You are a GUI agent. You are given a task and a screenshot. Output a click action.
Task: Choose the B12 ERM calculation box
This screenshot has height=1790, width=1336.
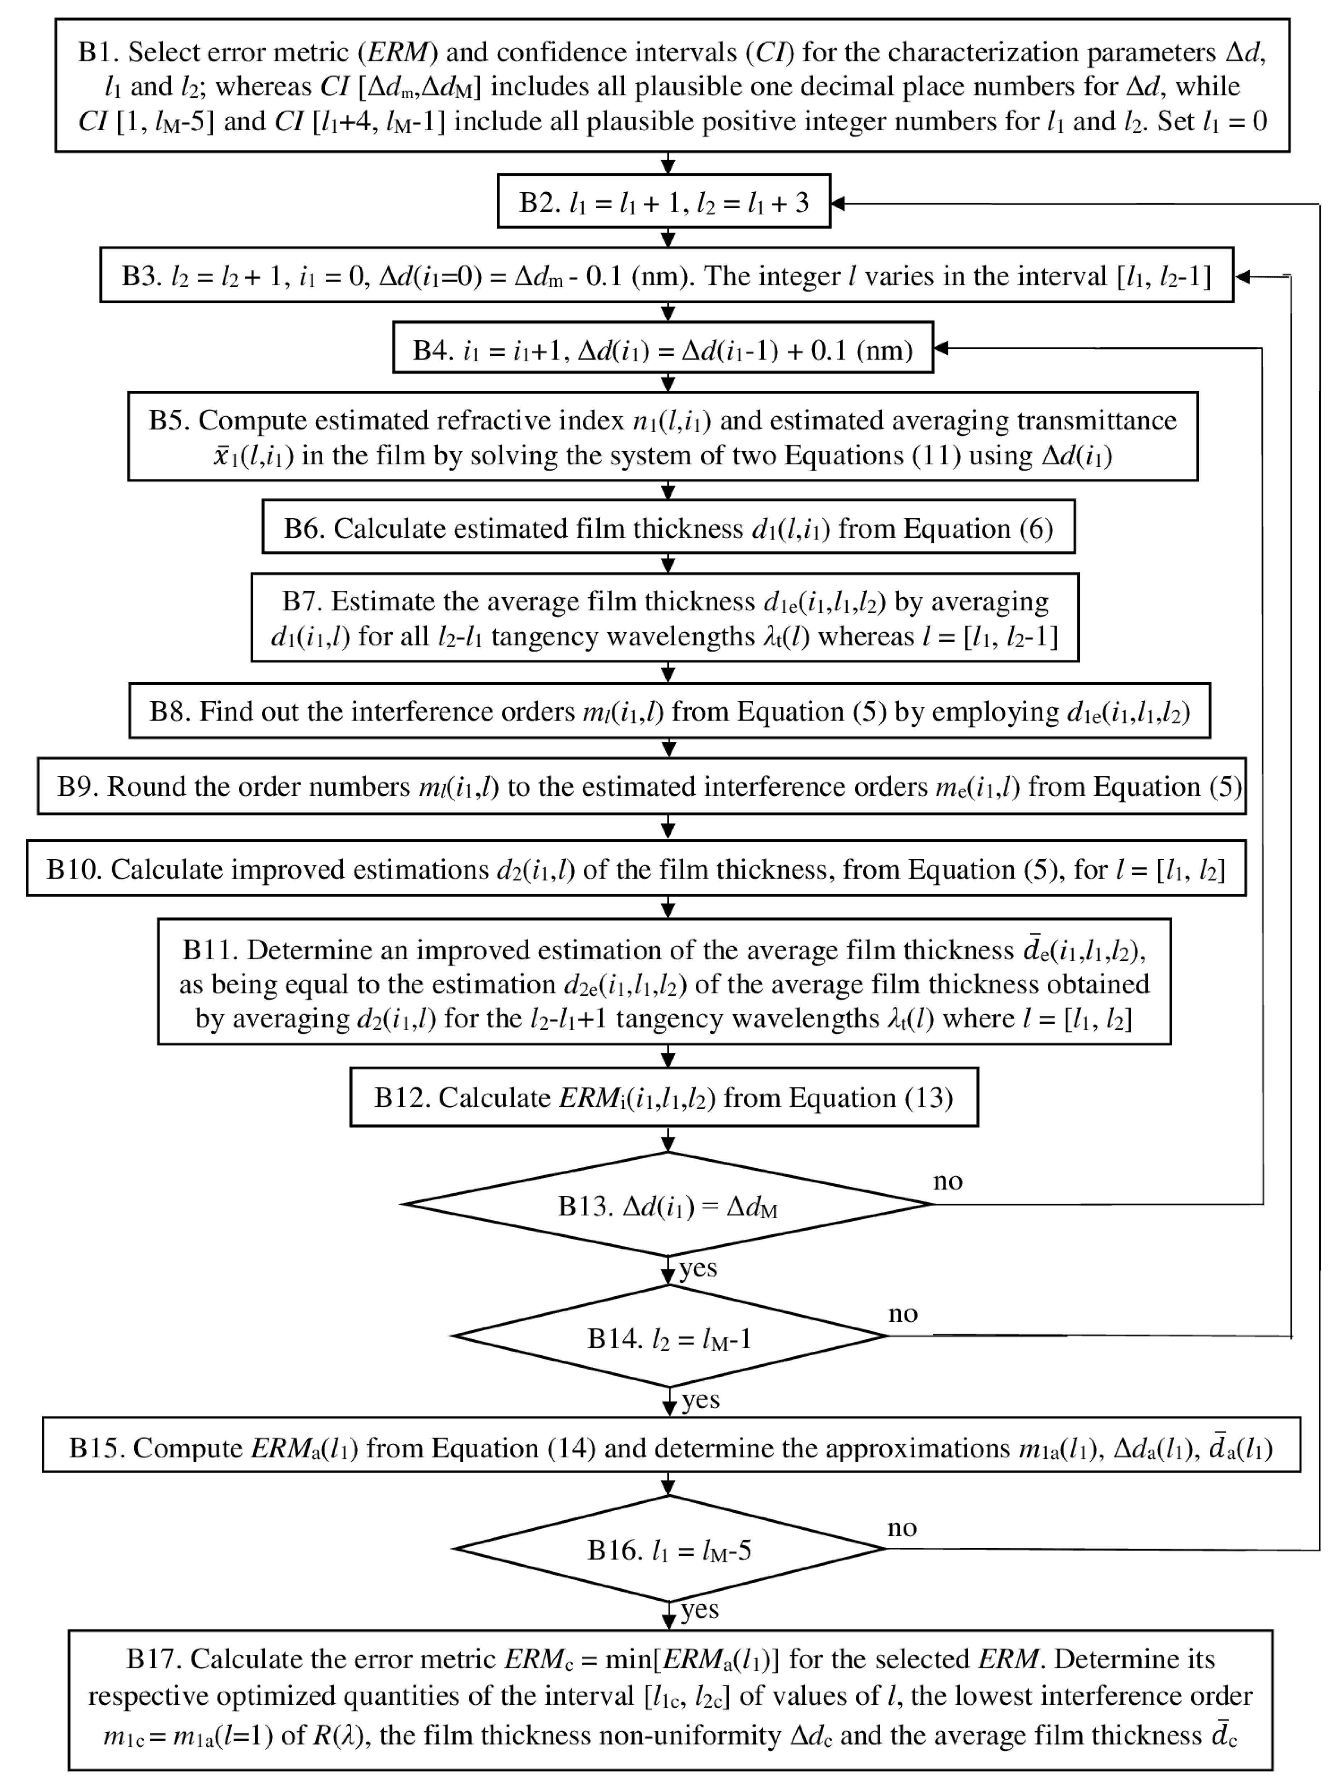(x=663, y=1098)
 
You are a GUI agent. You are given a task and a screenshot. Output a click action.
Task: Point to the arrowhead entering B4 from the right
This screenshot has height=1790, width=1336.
(x=940, y=348)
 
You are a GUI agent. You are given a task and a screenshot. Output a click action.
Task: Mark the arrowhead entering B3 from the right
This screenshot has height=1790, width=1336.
(x=1242, y=277)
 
